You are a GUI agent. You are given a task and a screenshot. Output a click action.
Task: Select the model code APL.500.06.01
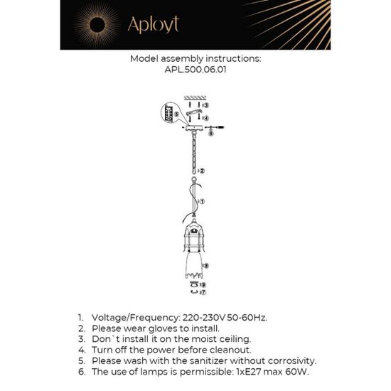click(196, 71)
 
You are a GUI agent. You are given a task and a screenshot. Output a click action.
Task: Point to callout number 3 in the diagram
click(205, 105)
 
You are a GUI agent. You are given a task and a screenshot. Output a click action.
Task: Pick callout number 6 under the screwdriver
click(211, 133)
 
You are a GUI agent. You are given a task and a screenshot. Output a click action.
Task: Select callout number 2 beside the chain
click(203, 171)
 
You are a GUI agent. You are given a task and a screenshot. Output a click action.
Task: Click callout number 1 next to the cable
click(203, 202)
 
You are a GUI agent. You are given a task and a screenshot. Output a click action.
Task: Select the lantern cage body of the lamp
click(193, 235)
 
